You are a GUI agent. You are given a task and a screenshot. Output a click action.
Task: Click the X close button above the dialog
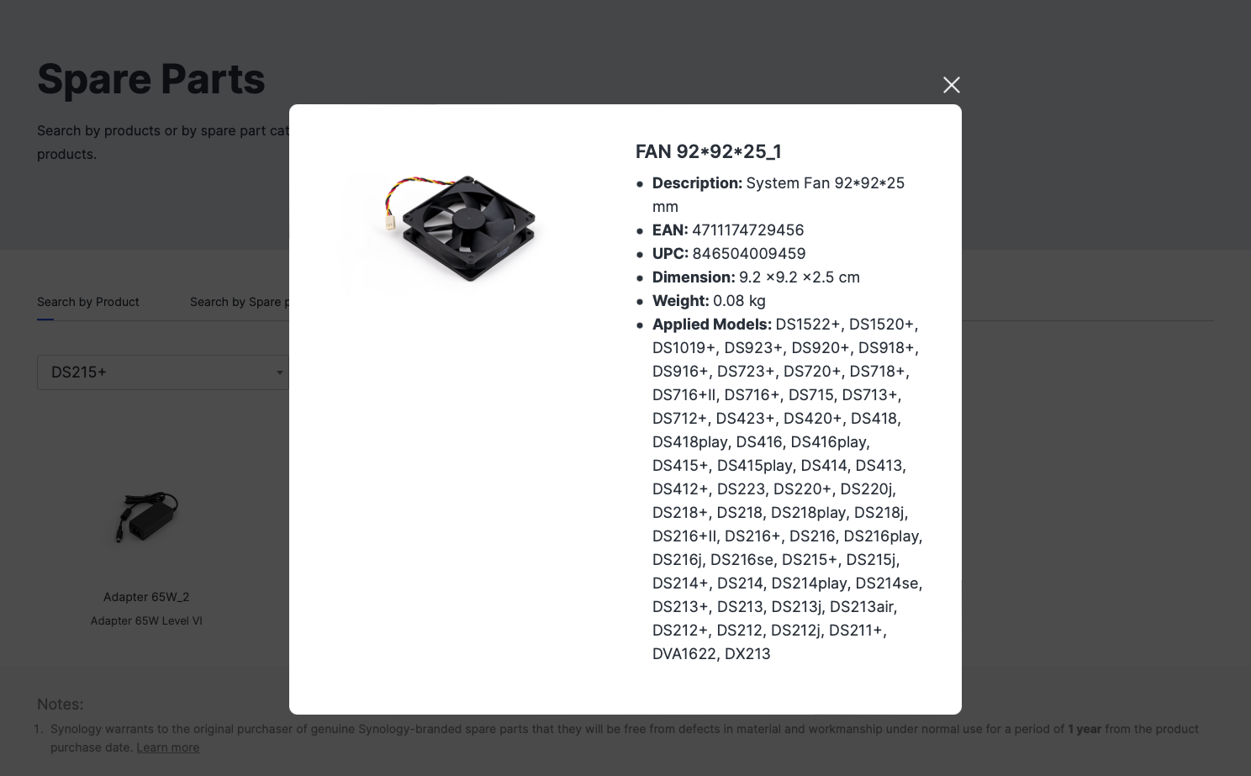tap(951, 85)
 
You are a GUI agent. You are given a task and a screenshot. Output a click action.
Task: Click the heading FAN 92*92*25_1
tap(708, 151)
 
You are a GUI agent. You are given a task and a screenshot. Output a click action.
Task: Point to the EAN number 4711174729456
tap(747, 230)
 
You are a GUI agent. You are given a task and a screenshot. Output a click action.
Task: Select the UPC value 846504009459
tap(748, 254)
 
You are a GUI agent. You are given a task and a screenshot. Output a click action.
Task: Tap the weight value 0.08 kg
tap(738, 301)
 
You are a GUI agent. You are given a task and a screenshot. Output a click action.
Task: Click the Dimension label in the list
tap(693, 277)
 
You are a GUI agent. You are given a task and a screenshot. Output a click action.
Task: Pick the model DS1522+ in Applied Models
tap(807, 325)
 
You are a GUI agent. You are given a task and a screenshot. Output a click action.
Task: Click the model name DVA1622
tap(684, 654)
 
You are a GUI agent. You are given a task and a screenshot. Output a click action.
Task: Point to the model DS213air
tap(862, 607)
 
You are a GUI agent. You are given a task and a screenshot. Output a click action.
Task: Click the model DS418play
tap(689, 442)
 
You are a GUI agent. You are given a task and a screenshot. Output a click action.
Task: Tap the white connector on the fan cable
tap(390, 222)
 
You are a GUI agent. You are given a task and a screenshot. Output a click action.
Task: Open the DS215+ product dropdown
tap(162, 372)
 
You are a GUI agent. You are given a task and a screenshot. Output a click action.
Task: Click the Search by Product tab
tap(88, 302)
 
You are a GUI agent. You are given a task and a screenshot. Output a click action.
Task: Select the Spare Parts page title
tap(151, 79)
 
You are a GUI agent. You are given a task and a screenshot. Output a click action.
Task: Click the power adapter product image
tap(146, 516)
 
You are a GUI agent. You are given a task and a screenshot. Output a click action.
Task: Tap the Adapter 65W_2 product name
tap(146, 597)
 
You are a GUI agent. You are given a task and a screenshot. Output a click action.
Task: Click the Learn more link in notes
tap(167, 747)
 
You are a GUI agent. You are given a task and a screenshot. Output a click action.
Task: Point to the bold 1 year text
tap(1084, 729)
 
